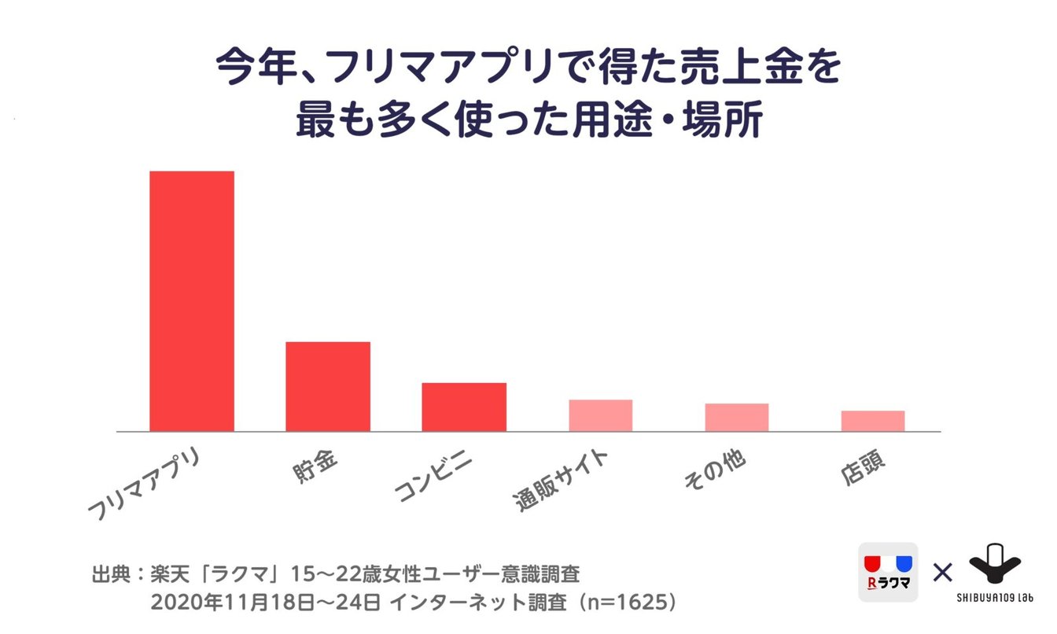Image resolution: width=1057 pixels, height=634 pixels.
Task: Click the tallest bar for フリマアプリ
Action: [x=192, y=300]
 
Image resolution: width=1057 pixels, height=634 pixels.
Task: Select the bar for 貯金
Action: [x=328, y=386]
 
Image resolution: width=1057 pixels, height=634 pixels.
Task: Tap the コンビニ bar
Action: [x=464, y=407]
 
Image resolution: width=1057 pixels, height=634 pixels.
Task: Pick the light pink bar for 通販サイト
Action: [x=600, y=415]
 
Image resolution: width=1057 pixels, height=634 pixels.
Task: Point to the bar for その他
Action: [x=736, y=417]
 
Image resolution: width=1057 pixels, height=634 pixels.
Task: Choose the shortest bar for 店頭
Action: [x=872, y=421]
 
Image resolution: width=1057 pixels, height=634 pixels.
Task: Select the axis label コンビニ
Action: [x=436, y=475]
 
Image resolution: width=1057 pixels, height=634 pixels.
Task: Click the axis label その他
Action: [x=713, y=470]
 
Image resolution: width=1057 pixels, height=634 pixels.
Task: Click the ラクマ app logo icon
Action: [x=888, y=573]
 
